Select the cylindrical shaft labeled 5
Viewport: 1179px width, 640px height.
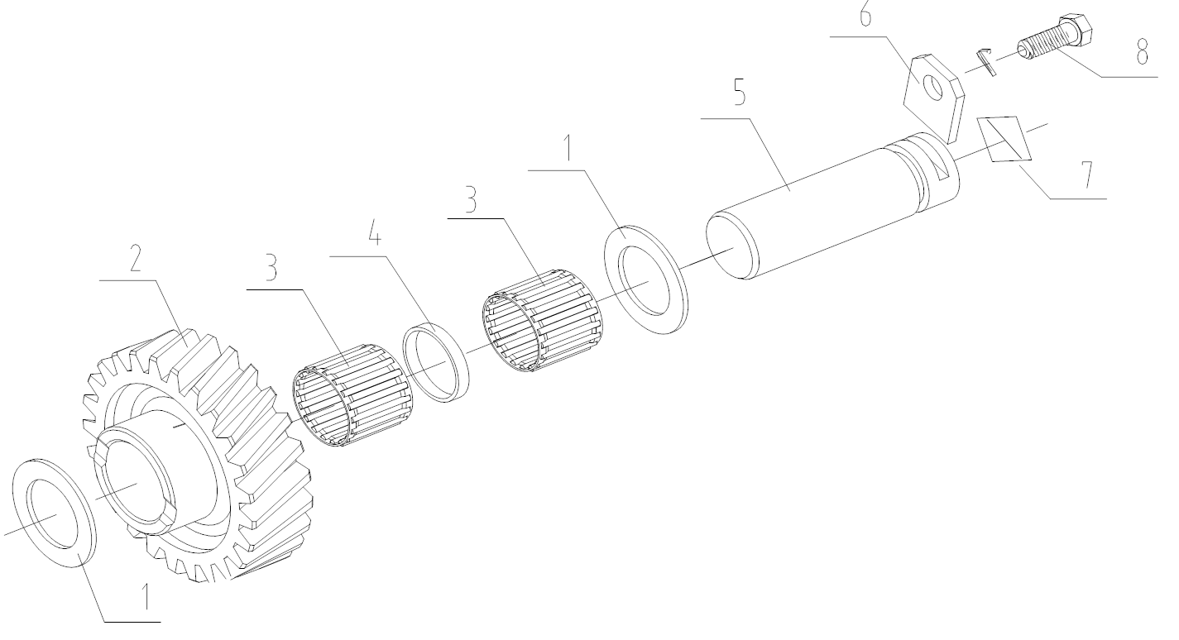(x=827, y=207)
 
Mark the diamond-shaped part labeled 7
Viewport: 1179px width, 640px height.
(x=1006, y=139)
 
